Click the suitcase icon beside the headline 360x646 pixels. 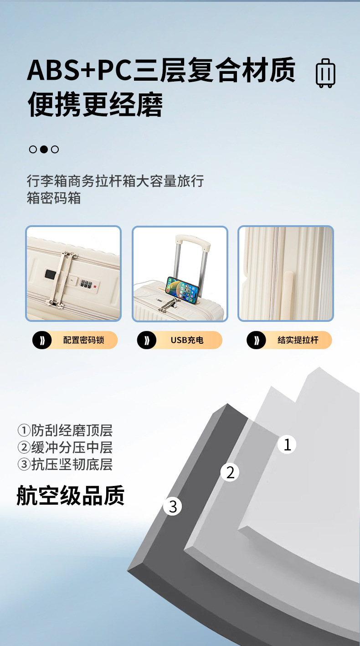[x=326, y=73]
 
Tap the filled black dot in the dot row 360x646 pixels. [x=44, y=150]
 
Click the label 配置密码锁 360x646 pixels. [x=83, y=340]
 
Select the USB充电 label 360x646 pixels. [x=187, y=340]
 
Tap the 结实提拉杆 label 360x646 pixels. [x=298, y=340]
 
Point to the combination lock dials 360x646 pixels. [x=86, y=284]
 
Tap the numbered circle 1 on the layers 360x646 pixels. [x=287, y=444]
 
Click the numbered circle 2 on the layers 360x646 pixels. [x=230, y=472]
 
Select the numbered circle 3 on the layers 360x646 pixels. [x=172, y=506]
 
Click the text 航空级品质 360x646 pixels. [x=71, y=496]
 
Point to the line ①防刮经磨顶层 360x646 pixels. [x=65, y=430]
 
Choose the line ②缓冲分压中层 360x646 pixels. [x=65, y=447]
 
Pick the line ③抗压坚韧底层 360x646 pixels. [x=65, y=464]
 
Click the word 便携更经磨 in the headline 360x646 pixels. [x=95, y=104]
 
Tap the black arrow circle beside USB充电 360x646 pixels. [x=147, y=340]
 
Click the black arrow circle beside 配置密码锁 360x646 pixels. [x=42, y=340]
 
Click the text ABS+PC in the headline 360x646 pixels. [x=79, y=70]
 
